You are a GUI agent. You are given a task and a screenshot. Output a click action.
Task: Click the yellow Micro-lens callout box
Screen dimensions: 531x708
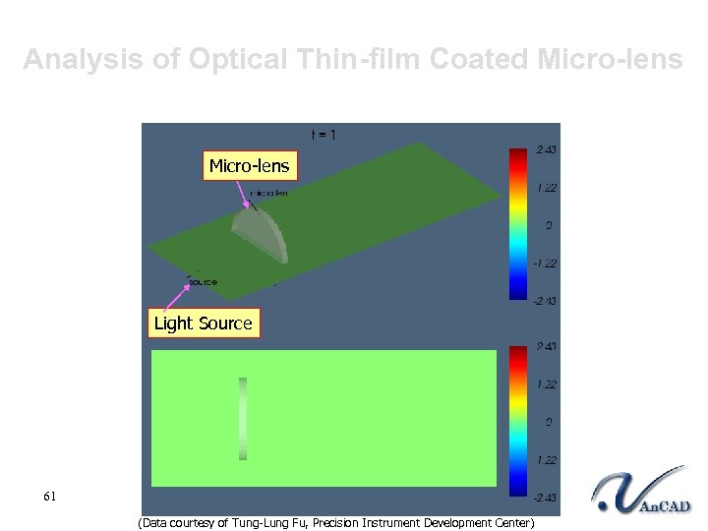249,166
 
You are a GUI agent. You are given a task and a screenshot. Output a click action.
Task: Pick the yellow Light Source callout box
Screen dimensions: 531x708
204,324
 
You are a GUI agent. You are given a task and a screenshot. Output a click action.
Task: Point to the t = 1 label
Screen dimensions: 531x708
324,135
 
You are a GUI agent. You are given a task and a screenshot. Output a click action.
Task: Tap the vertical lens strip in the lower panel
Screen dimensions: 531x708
243,419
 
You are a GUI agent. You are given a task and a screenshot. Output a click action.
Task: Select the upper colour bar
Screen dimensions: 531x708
517,223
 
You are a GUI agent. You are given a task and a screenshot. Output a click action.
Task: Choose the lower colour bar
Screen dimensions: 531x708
517,421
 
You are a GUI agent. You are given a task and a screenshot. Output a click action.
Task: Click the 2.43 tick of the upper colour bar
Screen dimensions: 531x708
545,149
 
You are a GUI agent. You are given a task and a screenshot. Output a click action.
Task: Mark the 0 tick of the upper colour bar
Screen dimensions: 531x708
549,225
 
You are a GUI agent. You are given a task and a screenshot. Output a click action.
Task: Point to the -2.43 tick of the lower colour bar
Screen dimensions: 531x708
544,498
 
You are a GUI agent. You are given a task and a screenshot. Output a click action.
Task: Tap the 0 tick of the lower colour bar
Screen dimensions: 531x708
549,422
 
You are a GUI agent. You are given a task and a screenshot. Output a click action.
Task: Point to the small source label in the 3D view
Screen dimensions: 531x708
202,281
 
